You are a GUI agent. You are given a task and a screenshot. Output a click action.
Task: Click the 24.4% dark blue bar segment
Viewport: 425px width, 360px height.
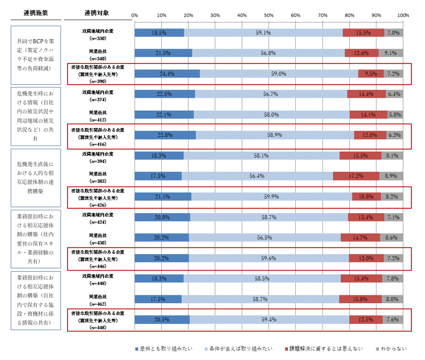point(167,74)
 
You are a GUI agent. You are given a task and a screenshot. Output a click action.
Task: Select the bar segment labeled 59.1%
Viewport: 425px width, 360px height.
point(263,33)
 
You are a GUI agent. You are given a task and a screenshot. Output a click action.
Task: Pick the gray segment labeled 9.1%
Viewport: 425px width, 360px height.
point(391,53)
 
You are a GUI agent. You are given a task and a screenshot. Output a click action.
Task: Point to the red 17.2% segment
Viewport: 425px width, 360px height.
point(356,176)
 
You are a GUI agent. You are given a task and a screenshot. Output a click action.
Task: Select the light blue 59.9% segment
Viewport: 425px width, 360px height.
point(271,196)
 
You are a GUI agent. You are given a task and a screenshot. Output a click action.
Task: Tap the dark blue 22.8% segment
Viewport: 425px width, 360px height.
point(165,135)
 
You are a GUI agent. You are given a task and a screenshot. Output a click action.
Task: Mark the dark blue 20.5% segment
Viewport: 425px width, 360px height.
point(162,319)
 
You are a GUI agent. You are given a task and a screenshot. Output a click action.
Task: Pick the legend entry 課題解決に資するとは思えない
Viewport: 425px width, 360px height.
point(324,349)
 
